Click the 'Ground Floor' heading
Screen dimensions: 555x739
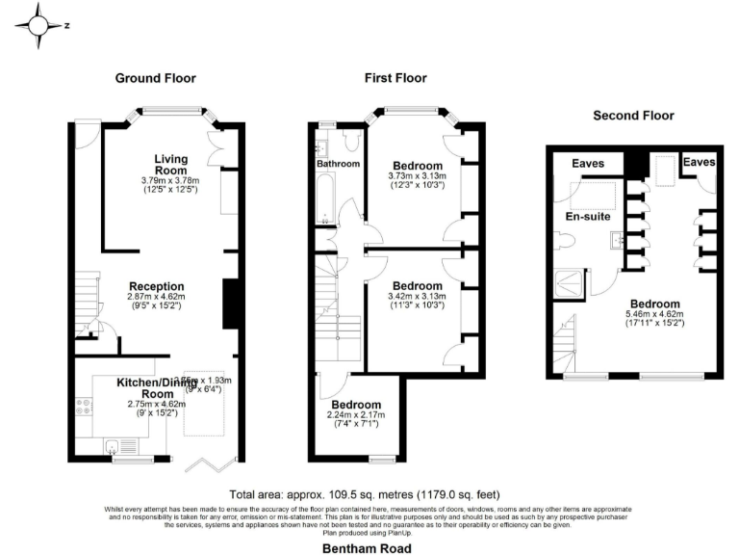(155, 78)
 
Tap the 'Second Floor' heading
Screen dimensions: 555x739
(633, 116)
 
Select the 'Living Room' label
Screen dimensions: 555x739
(171, 164)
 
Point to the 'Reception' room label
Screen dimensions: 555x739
(156, 286)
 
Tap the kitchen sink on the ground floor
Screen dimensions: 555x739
(114, 445)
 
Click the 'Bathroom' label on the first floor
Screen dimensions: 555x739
(339, 165)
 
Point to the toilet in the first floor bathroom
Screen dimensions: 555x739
(350, 143)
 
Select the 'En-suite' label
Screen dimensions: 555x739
(588, 217)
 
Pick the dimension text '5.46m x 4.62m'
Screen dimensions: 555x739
(660, 313)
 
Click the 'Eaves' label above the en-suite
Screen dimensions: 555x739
(588, 164)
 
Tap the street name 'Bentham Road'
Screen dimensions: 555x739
(367, 547)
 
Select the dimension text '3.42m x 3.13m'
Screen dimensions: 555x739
(417, 297)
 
